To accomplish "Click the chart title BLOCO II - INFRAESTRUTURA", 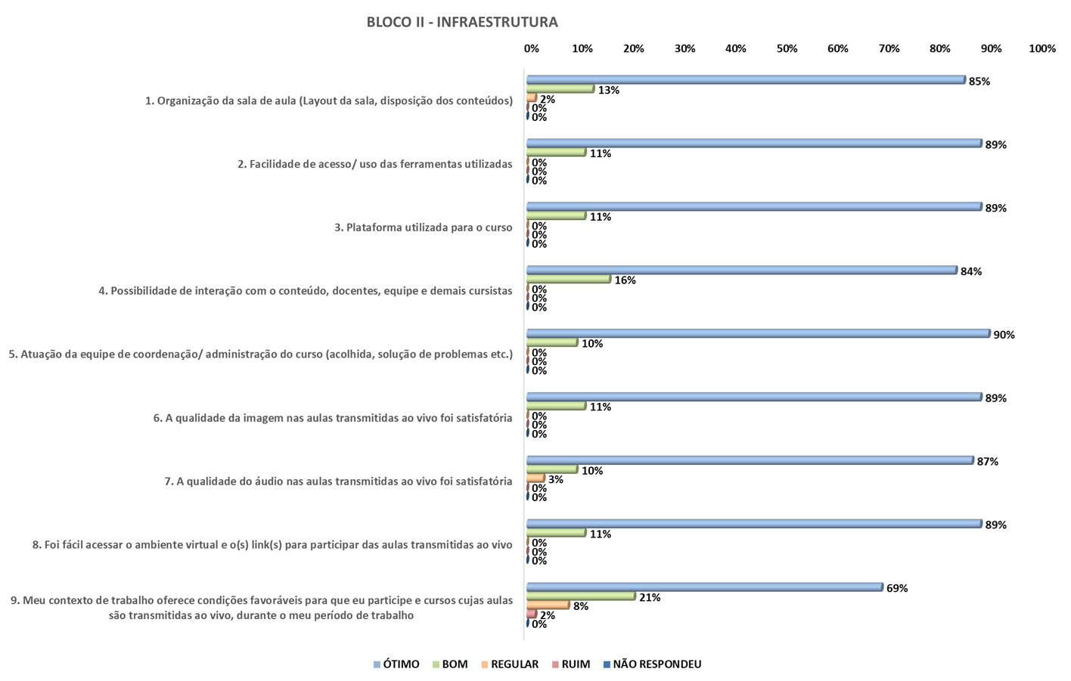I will pos(462,22).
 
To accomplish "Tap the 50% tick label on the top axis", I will pos(787,48).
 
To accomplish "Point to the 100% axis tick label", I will pos(1042,48).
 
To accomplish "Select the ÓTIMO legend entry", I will pos(396,664).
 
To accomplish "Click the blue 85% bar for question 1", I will pos(745,79).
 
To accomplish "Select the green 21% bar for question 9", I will pos(581,596).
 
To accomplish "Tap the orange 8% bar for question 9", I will pos(548,605).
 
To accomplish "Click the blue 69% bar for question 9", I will pos(704,587).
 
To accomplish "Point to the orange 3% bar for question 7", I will pos(535,478).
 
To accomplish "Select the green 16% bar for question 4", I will pos(568,279).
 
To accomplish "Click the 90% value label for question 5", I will pos(1004,335).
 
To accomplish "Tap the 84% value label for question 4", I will pos(970,271).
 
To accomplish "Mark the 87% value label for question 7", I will pos(987,462).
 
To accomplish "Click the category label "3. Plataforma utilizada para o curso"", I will pos(423,228).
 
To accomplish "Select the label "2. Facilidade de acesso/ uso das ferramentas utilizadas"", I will pos(374,164).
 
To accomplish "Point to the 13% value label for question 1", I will pos(608,90).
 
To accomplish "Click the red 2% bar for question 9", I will pos(532,614).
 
